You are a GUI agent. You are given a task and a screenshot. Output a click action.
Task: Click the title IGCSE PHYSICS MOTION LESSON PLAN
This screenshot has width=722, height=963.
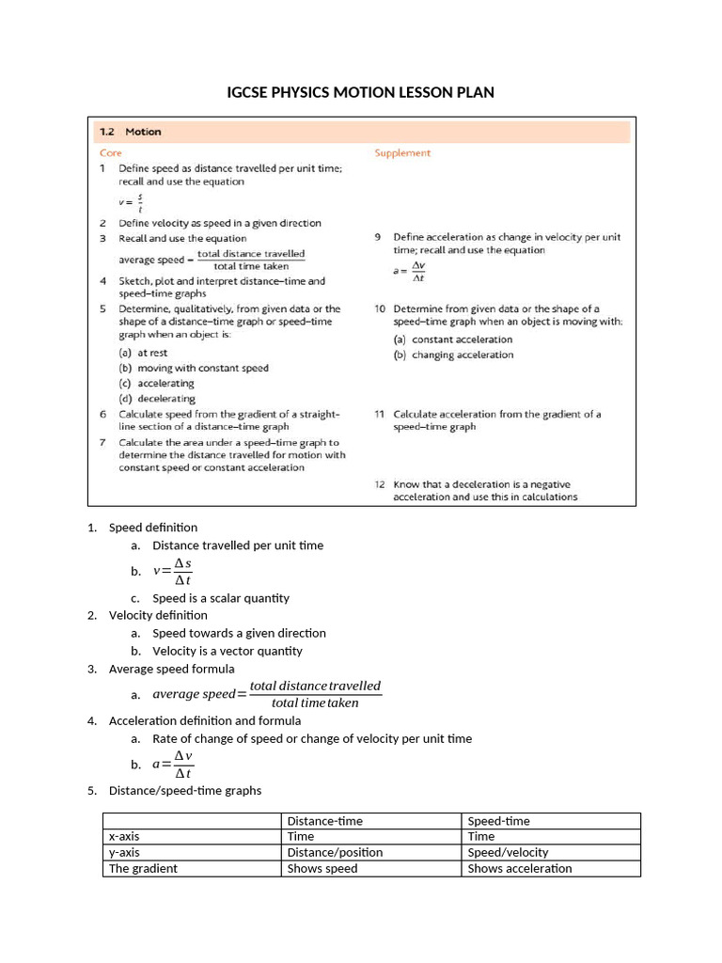360,92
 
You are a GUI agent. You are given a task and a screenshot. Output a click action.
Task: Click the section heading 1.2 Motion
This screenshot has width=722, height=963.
131,133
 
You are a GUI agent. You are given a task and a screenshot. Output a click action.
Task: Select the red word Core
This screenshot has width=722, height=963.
110,152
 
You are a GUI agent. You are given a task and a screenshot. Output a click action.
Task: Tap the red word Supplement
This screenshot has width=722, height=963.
402,152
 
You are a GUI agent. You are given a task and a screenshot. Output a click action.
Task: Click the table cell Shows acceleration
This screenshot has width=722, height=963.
520,868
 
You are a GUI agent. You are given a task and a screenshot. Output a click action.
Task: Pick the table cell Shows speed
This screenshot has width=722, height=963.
322,868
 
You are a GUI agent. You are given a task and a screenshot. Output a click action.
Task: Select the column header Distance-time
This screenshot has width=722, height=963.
324,821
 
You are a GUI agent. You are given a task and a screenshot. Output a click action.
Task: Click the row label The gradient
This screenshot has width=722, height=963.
143,868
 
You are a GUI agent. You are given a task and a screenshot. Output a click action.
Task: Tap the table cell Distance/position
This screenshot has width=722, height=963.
335,852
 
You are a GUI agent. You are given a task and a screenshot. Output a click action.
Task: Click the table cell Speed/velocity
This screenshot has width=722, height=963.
508,852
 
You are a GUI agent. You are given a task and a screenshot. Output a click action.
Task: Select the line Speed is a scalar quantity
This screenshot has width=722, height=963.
221,598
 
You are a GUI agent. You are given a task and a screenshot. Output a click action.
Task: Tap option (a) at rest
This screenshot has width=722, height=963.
143,353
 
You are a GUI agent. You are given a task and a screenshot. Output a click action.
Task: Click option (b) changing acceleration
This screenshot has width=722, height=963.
453,355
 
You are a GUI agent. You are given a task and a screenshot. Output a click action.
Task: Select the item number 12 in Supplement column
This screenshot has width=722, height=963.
380,484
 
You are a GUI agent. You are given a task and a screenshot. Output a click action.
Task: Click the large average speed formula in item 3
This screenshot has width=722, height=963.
267,694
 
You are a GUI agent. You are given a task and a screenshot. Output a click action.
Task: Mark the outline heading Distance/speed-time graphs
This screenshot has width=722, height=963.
185,790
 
